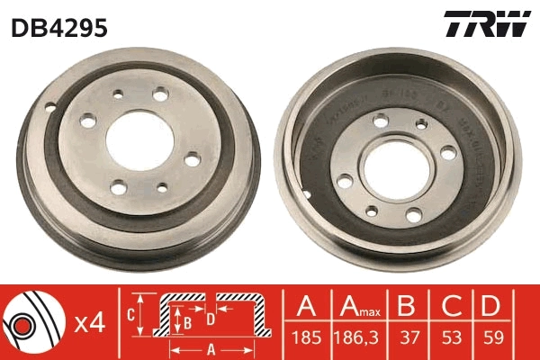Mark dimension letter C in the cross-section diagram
pyautogui.click(x=130, y=314)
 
